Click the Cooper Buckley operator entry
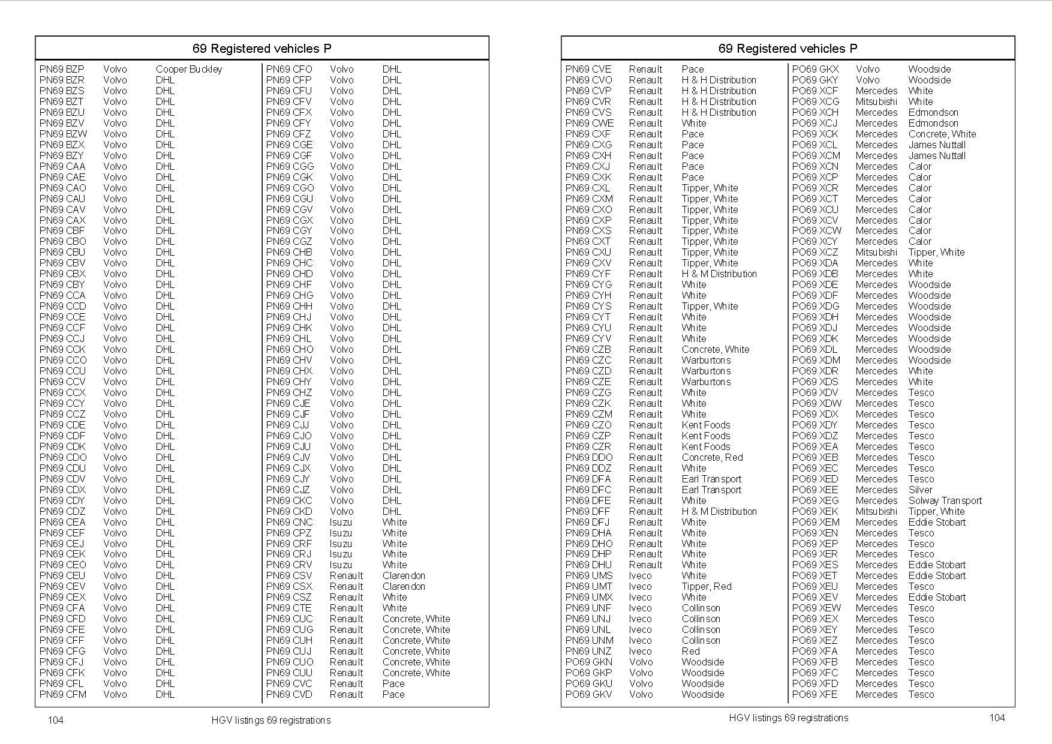pyautogui.click(x=188, y=69)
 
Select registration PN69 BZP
pyautogui.click(x=62, y=69)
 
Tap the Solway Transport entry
pyautogui.click(x=945, y=500)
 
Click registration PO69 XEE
pyautogui.click(x=814, y=490)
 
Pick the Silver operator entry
pyautogui.click(x=920, y=490)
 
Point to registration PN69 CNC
pyautogui.click(x=289, y=522)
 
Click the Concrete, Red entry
pyautogui.click(x=712, y=457)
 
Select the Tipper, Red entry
pyautogui.click(x=707, y=586)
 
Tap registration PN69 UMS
pyautogui.click(x=589, y=575)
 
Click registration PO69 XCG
pyautogui.click(x=815, y=101)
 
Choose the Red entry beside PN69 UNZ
pyautogui.click(x=690, y=651)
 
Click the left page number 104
pyautogui.click(x=55, y=720)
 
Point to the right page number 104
pyautogui.click(x=997, y=718)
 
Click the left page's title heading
pyautogui.click(x=262, y=49)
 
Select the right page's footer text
pyautogui.click(x=788, y=718)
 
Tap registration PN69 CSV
pyautogui.click(x=288, y=575)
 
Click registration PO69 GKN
pyautogui.click(x=588, y=662)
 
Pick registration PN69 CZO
pyautogui.click(x=588, y=425)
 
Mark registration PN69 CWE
pyautogui.click(x=589, y=123)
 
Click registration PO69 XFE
pyautogui.click(x=814, y=694)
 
